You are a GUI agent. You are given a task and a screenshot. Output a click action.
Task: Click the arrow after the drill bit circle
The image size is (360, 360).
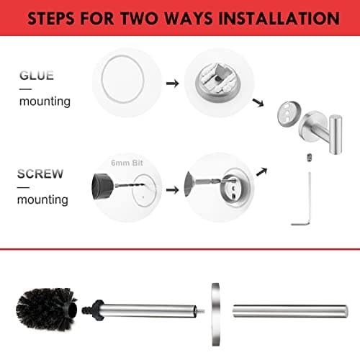tap(173, 191)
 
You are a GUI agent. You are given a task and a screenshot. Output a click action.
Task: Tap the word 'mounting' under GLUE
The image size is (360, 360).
tap(45, 102)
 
